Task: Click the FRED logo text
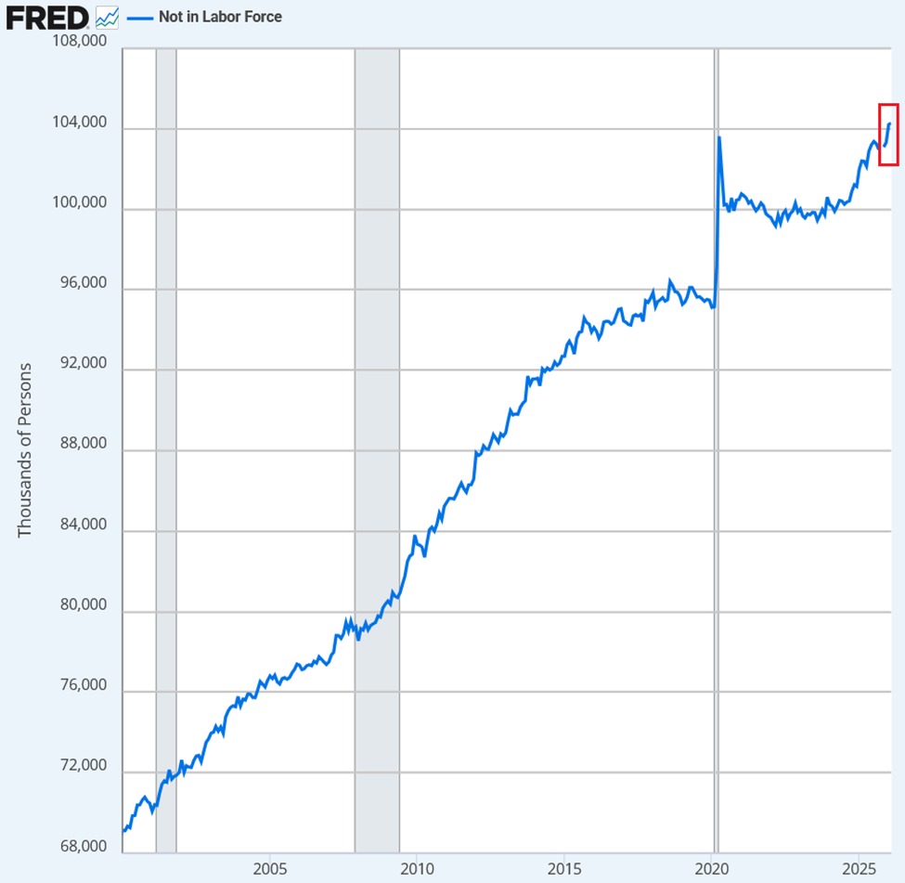click(47, 17)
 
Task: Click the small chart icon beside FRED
click(107, 17)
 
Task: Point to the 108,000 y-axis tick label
click(78, 43)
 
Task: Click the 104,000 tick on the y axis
click(78, 123)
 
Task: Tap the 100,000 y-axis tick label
click(78, 203)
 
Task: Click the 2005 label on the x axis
click(269, 868)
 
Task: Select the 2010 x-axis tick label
click(417, 868)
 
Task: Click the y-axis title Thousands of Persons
click(25, 449)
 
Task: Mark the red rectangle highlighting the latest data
click(888, 135)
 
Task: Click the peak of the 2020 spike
click(719, 138)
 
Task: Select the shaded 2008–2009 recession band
click(377, 446)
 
